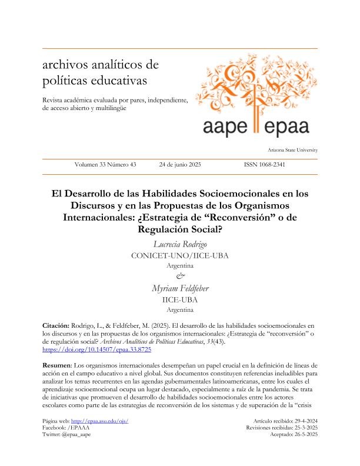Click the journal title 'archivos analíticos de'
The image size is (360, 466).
[x=97, y=64]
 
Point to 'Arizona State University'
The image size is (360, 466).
[x=292, y=151]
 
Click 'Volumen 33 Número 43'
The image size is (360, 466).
[x=105, y=165]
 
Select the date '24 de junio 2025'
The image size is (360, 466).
[x=180, y=165]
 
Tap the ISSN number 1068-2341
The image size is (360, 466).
[x=264, y=165]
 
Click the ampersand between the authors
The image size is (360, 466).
[x=180, y=277]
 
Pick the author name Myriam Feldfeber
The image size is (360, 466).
[x=180, y=288]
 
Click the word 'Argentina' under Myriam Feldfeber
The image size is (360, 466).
[x=180, y=309]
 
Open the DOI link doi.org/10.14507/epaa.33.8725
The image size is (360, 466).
[x=97, y=349]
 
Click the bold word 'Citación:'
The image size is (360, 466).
[x=56, y=325]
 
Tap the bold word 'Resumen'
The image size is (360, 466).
[x=57, y=366]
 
